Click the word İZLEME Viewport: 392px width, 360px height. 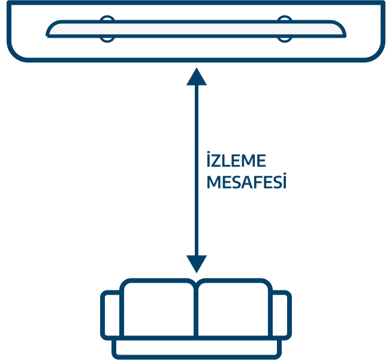[x=236, y=159]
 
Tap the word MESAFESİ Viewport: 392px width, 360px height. [x=246, y=181]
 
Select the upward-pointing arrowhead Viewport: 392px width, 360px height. [x=197, y=77]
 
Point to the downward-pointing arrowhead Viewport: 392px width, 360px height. [x=197, y=264]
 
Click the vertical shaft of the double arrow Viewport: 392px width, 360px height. [x=197, y=170]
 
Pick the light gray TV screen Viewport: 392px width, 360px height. [x=196, y=29]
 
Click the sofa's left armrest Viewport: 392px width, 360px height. [x=103, y=315]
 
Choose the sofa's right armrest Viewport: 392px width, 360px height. [x=289, y=315]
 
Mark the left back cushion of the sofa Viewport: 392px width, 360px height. [x=122, y=310]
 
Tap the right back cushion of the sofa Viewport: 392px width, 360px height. [x=270, y=310]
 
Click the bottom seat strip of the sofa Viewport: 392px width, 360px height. [x=197, y=357]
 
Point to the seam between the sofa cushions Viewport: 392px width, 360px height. [x=196, y=310]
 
